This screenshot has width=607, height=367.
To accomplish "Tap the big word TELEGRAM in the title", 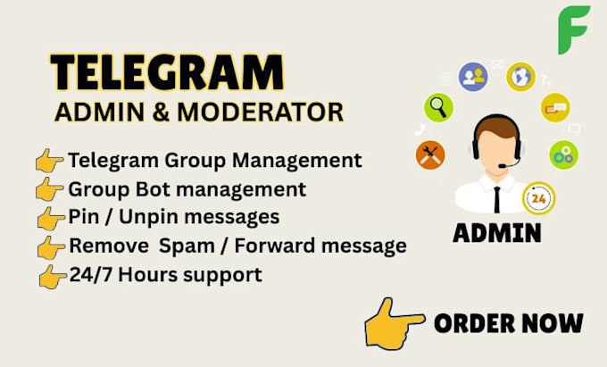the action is [x=167, y=72].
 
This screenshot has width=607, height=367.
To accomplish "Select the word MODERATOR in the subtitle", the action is [x=260, y=113].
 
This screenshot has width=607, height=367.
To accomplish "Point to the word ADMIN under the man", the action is [x=497, y=233].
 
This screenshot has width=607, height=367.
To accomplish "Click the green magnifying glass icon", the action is [x=438, y=107].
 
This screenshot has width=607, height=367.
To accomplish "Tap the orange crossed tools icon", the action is [x=430, y=154].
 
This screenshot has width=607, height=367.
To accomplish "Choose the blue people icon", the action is [x=473, y=77].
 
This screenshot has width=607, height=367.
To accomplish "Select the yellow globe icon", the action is [x=520, y=77].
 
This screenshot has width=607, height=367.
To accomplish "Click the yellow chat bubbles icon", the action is [x=555, y=107].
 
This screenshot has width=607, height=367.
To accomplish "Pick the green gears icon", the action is [x=563, y=154].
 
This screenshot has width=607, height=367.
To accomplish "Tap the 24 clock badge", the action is [x=538, y=198].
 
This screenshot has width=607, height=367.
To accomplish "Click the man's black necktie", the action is [x=496, y=199].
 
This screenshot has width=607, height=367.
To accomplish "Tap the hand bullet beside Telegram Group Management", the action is [x=49, y=160].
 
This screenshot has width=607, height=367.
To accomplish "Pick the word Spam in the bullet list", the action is [x=187, y=246].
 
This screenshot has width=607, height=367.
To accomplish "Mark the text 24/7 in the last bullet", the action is [x=91, y=275].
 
